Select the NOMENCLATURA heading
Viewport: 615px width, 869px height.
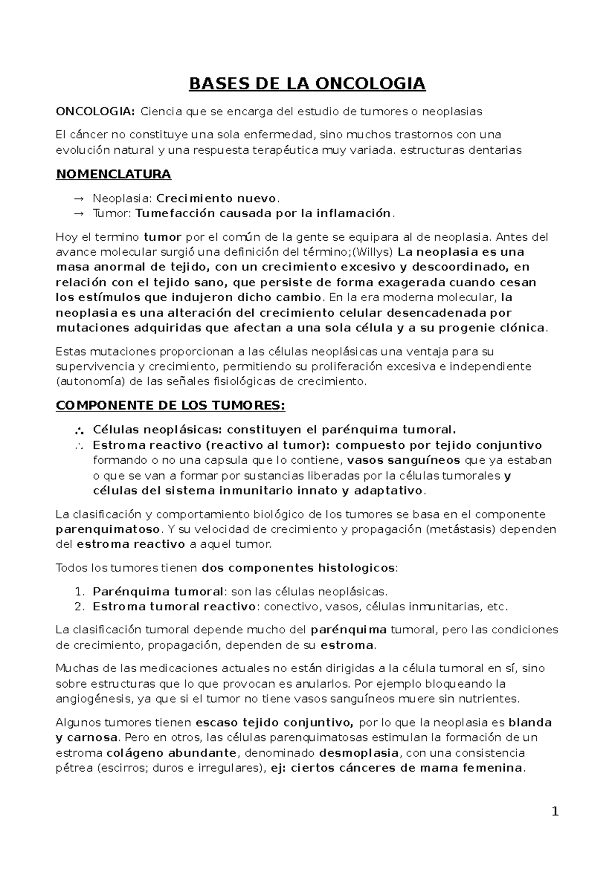[x=113, y=174]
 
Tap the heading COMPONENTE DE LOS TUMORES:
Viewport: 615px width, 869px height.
[x=170, y=405]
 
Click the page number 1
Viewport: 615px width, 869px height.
[x=555, y=812]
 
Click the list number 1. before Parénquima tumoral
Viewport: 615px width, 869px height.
[x=79, y=592]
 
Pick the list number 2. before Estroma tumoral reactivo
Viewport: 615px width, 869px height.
[x=79, y=607]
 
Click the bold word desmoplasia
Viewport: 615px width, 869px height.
[x=359, y=753]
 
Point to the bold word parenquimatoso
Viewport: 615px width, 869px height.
[x=108, y=529]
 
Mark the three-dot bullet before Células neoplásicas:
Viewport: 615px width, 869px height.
[x=78, y=429]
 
